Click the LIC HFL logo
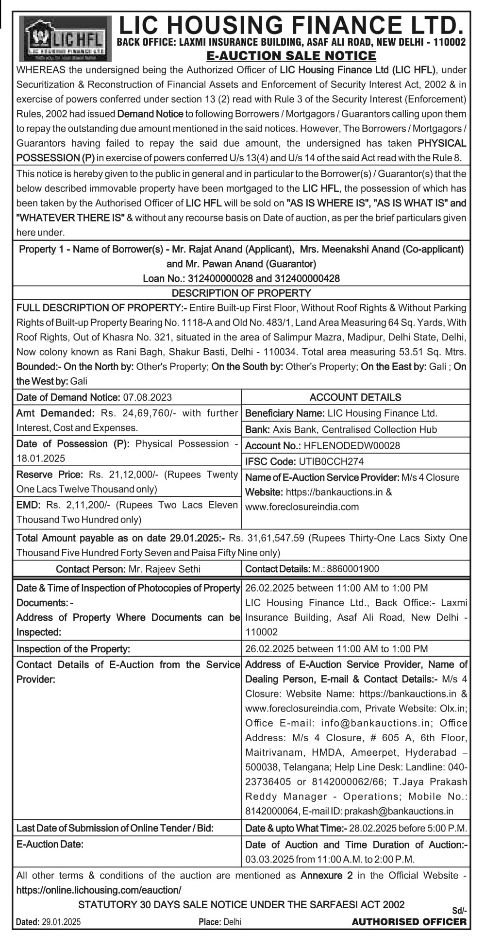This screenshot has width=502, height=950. (x=66, y=38)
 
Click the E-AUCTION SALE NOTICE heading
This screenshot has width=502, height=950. (x=291, y=56)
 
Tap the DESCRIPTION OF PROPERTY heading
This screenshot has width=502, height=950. (x=241, y=293)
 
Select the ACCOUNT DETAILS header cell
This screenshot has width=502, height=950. (x=355, y=397)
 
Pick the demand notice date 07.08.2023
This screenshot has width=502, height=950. (x=147, y=397)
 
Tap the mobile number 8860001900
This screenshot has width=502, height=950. (x=353, y=569)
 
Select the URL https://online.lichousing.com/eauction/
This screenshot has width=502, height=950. (x=99, y=890)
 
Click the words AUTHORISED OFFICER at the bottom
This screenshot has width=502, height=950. (x=409, y=922)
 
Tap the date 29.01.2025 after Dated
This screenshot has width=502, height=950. (x=61, y=922)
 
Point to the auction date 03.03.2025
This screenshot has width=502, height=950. (x=269, y=859)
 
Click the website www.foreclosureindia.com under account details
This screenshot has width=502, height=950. (x=302, y=507)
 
